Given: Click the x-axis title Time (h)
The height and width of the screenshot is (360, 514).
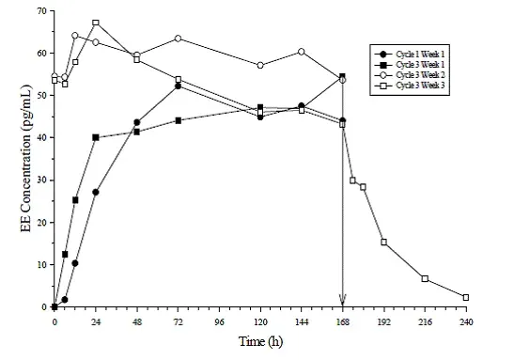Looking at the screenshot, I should point(258,341).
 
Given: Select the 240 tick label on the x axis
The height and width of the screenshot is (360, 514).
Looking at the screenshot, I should point(465,321).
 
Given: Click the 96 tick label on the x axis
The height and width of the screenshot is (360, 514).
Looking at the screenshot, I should point(218,321).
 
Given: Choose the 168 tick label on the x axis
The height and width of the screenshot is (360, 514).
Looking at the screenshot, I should point(342,321).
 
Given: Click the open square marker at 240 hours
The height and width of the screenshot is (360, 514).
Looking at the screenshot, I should point(465,297).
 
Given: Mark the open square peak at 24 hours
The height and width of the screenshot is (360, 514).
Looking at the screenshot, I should point(96,23).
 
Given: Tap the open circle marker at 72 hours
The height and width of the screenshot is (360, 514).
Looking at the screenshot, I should point(178,39).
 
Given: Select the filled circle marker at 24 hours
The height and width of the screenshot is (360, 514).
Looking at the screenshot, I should point(96,192).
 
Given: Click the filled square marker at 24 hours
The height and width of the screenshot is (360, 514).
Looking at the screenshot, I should point(96,137).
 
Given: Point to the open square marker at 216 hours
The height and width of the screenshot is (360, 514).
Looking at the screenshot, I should point(425,278).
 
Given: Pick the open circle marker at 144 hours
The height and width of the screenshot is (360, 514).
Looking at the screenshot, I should point(301,52).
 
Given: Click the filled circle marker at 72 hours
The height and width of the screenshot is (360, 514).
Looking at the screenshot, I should point(178,86).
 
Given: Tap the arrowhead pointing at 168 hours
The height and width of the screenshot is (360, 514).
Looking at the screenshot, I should point(342,300).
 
